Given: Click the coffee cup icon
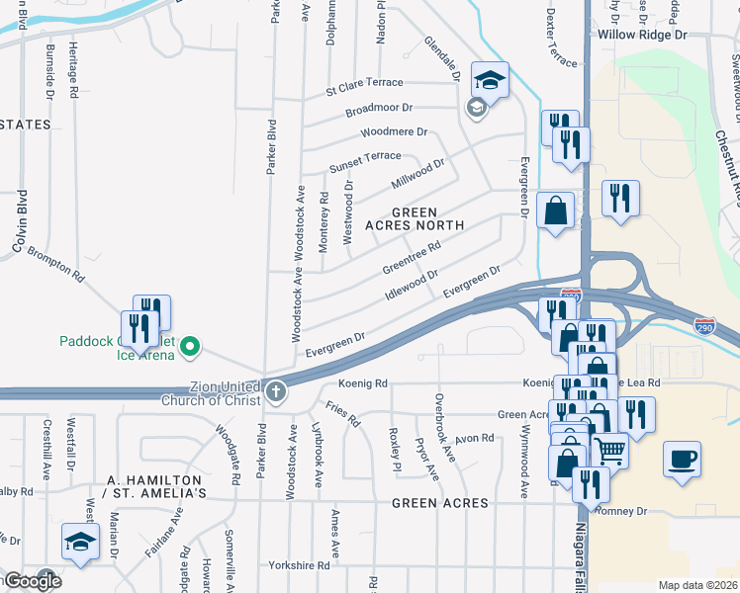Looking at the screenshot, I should (x=684, y=460).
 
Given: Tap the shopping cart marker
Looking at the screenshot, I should (x=609, y=450).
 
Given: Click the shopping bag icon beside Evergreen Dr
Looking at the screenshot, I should (x=556, y=210).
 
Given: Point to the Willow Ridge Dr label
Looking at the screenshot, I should (x=642, y=35).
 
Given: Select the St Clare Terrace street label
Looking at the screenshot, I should (x=365, y=83).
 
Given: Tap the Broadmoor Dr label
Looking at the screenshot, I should (x=378, y=108).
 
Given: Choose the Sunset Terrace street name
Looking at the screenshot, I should (x=365, y=156).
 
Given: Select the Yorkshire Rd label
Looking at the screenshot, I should (x=299, y=566).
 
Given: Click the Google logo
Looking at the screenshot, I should (x=32, y=581).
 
